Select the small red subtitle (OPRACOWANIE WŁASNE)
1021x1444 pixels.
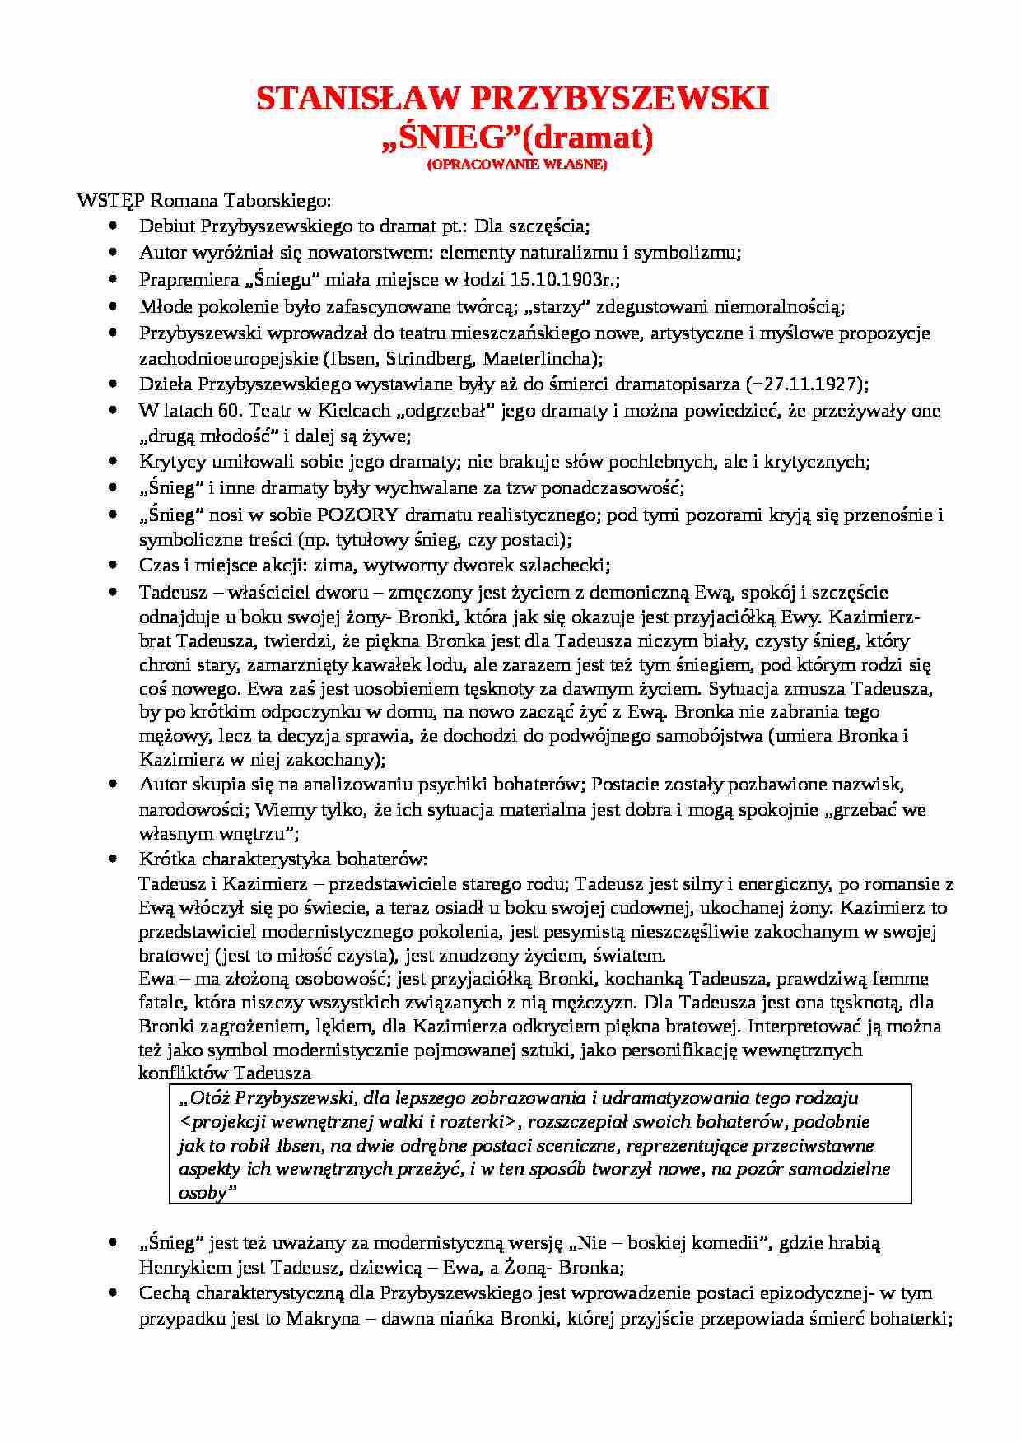pos(516,165)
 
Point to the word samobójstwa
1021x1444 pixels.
pos(709,735)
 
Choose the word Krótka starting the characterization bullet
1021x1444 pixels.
pos(167,859)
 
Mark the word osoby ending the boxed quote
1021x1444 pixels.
pos(203,1193)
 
